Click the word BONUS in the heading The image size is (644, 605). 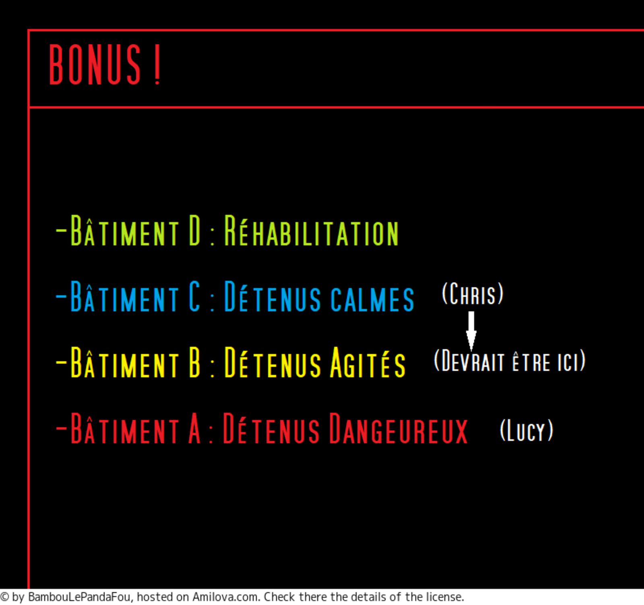click(x=95, y=64)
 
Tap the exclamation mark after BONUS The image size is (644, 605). click(x=157, y=64)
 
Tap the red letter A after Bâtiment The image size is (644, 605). click(x=194, y=428)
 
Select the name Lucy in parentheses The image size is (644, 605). click(x=526, y=430)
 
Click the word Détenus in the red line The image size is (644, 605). click(x=271, y=428)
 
